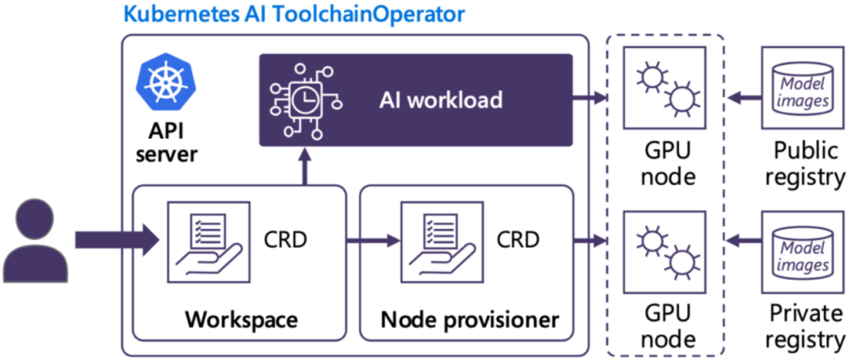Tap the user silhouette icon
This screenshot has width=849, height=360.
pyautogui.click(x=36, y=241)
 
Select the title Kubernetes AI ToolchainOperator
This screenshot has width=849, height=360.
pyautogui.click(x=294, y=15)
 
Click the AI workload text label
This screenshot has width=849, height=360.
pyautogui.click(x=441, y=99)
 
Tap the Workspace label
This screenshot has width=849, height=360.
pyautogui.click(x=241, y=319)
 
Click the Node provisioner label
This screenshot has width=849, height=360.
pyautogui.click(x=469, y=319)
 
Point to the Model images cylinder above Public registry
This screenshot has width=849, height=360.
pyautogui.click(x=802, y=88)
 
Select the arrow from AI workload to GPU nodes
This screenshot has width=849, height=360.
pyautogui.click(x=589, y=98)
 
